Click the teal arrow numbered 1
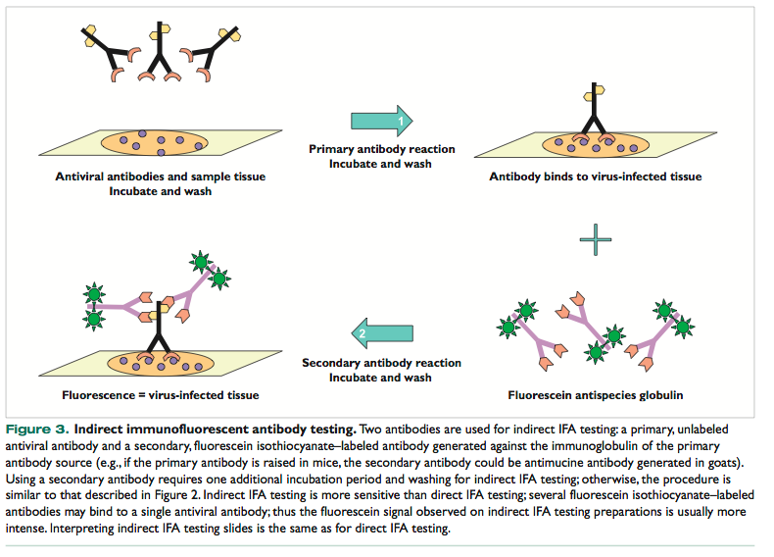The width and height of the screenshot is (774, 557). [381, 122]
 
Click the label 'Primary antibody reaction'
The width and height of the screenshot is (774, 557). [381, 149]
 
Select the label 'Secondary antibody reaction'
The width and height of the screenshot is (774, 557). [381, 363]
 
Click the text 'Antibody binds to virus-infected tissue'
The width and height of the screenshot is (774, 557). [596, 177]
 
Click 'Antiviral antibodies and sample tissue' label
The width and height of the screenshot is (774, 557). [160, 177]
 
